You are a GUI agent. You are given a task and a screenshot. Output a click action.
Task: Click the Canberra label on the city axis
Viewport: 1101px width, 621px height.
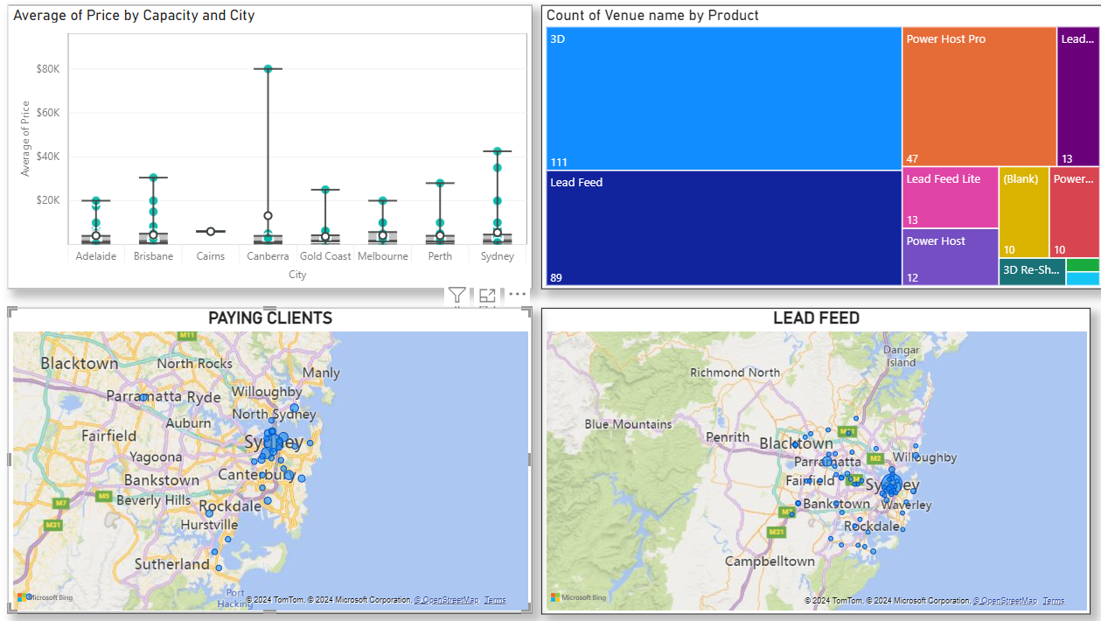[x=268, y=256]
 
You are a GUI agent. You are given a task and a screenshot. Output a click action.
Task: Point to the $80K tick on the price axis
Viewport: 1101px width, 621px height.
[x=47, y=69]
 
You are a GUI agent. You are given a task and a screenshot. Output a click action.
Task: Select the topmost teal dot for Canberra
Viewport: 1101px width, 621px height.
[x=268, y=68]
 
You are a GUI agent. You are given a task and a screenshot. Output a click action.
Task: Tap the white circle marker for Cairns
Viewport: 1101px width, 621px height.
[x=211, y=232]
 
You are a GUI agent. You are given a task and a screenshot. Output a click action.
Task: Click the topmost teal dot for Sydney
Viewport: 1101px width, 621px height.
[x=498, y=151]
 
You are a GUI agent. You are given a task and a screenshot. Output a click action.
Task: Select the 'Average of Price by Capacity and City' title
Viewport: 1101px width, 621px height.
[x=135, y=16]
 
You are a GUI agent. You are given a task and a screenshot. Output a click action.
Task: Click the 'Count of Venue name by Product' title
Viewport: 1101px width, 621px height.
[x=652, y=16]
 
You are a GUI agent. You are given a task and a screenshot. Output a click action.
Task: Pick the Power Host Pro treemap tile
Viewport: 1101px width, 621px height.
[x=979, y=96]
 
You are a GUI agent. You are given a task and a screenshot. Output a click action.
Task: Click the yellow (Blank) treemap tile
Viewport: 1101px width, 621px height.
[x=1023, y=213]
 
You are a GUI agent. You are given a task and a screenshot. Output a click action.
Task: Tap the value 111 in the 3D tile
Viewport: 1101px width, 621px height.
[x=560, y=162]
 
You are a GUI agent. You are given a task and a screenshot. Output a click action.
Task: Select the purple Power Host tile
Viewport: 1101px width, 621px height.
[x=950, y=257]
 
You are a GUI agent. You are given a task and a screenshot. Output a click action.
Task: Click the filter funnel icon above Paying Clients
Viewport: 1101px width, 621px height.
[x=456, y=295]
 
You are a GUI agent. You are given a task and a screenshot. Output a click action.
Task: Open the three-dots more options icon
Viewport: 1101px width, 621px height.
[x=517, y=295]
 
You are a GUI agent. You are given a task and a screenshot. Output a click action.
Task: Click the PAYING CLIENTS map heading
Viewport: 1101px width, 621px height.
[x=269, y=318]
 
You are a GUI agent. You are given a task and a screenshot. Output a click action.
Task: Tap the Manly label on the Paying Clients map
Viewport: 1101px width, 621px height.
[x=321, y=373]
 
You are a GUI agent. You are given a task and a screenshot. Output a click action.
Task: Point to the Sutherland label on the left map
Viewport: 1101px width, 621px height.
[x=171, y=564]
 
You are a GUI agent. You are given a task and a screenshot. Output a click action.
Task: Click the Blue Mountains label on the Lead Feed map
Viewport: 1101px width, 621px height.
[x=628, y=424]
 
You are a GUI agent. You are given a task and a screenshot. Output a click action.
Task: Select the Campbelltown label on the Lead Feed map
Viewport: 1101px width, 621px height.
[x=770, y=561]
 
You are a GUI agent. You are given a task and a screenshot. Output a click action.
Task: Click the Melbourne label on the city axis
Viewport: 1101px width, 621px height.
[x=383, y=256]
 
